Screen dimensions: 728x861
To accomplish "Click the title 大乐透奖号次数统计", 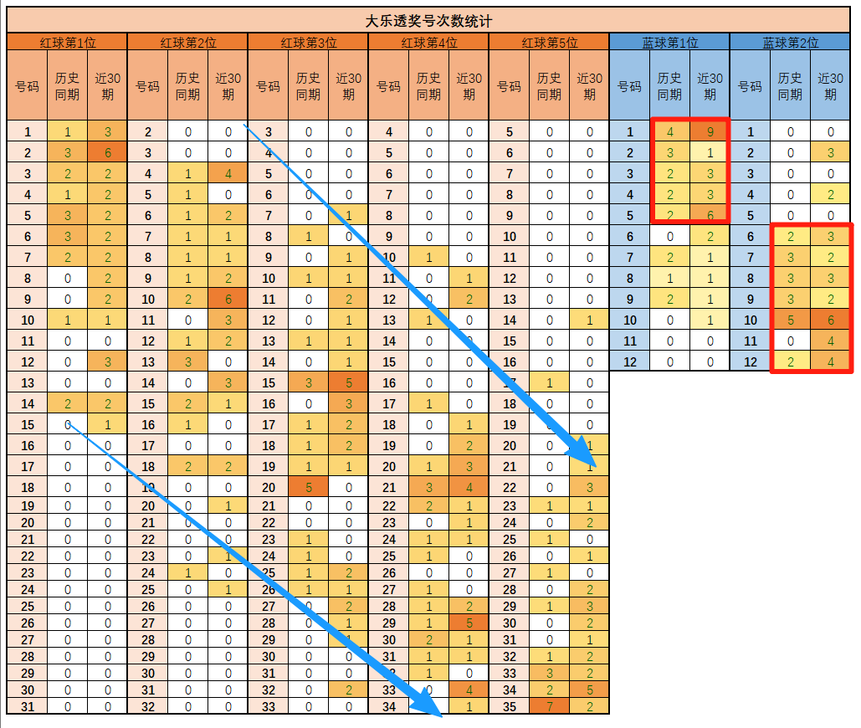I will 428,21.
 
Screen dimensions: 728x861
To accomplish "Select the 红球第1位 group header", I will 67,43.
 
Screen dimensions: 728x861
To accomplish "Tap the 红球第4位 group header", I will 428,43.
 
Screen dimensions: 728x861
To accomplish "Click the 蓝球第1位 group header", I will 669,43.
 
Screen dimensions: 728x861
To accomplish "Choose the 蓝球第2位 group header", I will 790,43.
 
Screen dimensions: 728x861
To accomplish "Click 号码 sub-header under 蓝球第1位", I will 629,85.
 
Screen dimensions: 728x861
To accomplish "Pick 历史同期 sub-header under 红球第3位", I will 308,85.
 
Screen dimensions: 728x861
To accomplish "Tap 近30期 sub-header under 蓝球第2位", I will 830,85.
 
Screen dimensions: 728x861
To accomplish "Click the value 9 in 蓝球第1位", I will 710,131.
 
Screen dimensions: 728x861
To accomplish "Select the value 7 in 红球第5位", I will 549,706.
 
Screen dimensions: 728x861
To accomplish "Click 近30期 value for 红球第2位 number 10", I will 228,299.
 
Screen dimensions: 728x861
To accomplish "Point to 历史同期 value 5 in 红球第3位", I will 308,487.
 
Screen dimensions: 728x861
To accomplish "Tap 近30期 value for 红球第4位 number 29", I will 469,623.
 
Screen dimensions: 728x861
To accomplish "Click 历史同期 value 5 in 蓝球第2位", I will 790,320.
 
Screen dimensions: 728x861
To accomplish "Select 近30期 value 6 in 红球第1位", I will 107,152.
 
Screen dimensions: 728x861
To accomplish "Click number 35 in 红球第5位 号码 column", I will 509,706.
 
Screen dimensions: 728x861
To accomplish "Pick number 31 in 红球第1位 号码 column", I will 28,706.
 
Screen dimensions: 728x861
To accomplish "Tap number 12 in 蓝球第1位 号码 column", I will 629,361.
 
